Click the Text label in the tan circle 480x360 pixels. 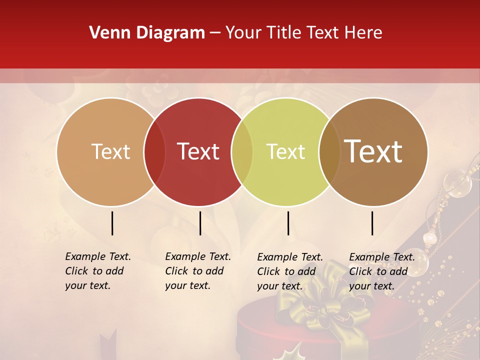pyautogui.click(x=110, y=151)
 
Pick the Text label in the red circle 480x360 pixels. pyautogui.click(x=198, y=151)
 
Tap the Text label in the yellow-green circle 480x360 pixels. pyautogui.click(x=285, y=151)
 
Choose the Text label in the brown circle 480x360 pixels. pyautogui.click(x=373, y=151)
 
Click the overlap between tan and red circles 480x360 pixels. pyautogui.click(x=154, y=151)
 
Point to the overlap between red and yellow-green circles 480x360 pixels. pyautogui.click(x=242, y=151)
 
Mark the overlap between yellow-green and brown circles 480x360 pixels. pyautogui.click(x=329, y=151)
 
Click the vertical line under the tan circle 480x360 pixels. pyautogui.click(x=112, y=223)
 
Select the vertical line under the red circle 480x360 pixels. pyautogui.click(x=200, y=223)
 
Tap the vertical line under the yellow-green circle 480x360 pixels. pyautogui.click(x=288, y=223)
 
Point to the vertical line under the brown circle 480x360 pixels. pyautogui.click(x=372, y=223)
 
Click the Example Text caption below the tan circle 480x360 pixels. pyautogui.click(x=98, y=271)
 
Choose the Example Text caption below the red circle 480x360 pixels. pyautogui.click(x=198, y=271)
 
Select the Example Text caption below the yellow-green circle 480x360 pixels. pyautogui.click(x=290, y=271)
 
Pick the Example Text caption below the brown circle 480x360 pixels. pyautogui.click(x=382, y=271)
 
